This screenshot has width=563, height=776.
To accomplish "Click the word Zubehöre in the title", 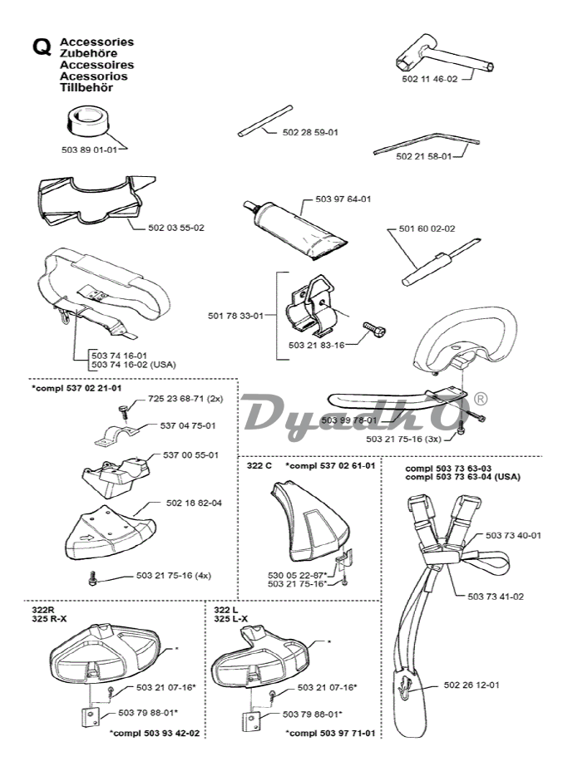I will (x=87, y=52).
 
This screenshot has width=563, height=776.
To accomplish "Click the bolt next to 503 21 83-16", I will (x=373, y=330).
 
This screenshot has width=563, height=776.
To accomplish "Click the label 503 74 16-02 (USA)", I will (x=133, y=364).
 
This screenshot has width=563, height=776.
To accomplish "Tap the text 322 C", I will (x=259, y=465).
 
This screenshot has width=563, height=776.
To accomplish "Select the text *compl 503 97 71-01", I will (x=329, y=733).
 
